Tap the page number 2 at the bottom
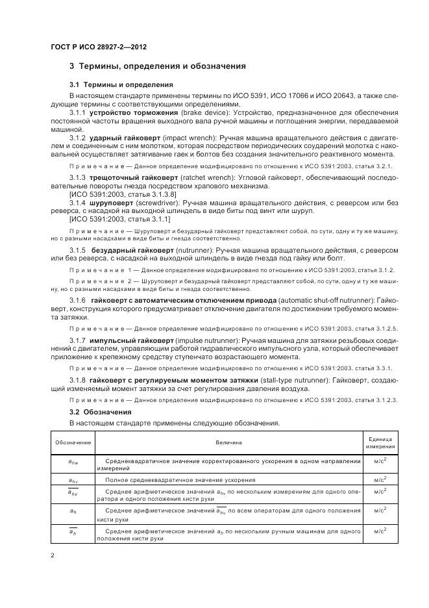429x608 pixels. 52,555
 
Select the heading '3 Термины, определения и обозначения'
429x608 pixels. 157,66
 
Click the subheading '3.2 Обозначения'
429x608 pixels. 101,412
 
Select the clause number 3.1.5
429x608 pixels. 78,249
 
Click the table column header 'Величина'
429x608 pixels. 228,442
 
